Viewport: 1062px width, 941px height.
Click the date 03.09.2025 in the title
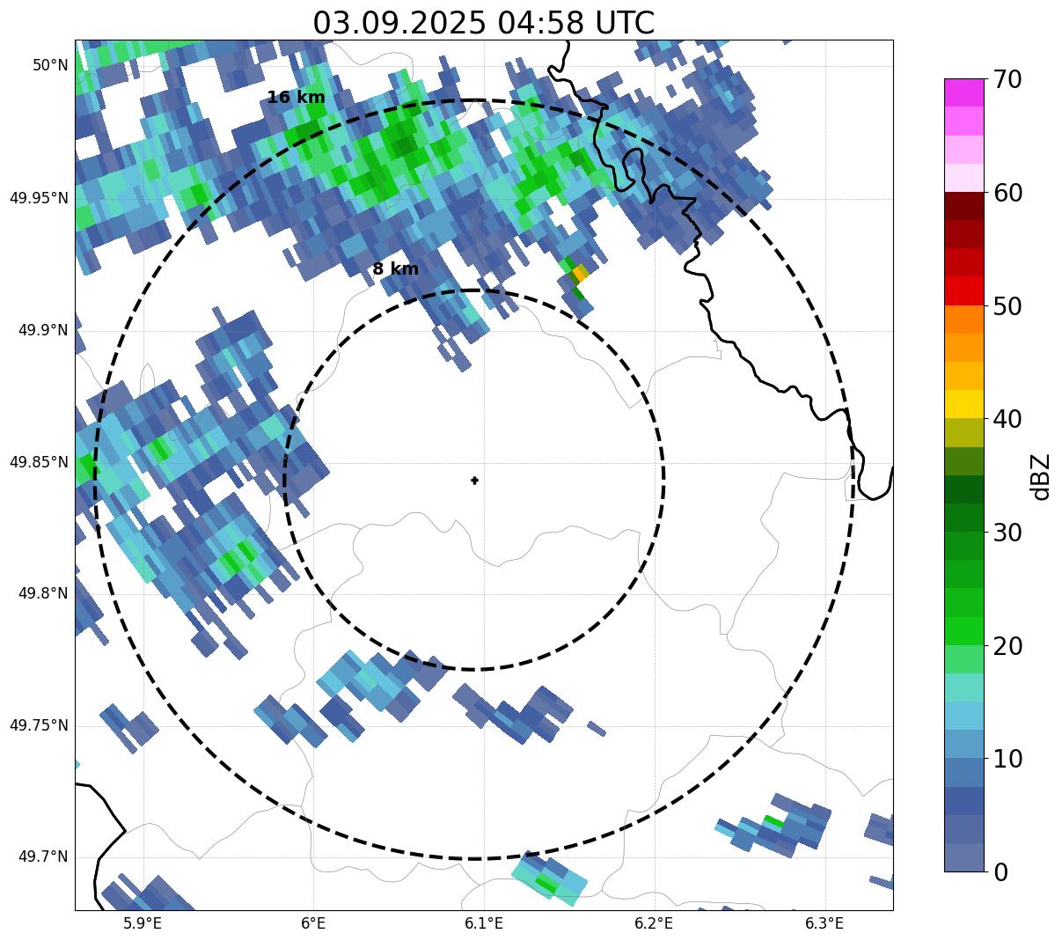click(x=399, y=23)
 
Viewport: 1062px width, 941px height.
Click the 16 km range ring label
click(x=296, y=98)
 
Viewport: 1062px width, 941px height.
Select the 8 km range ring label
click(x=395, y=269)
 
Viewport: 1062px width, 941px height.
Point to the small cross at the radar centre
click(x=475, y=480)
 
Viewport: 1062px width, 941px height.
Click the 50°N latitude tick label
click(x=50, y=66)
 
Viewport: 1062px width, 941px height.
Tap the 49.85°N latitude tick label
click(x=39, y=462)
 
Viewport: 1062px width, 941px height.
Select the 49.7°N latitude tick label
click(x=43, y=857)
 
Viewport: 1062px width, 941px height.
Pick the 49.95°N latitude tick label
click(x=39, y=198)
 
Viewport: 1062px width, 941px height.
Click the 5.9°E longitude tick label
click(x=143, y=923)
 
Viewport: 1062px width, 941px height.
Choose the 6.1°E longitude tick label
click(x=484, y=923)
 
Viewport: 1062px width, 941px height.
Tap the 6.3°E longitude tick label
click(x=824, y=923)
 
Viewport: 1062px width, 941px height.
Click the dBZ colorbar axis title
click(x=1041, y=476)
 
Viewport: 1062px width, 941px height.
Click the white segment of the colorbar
click(x=963, y=178)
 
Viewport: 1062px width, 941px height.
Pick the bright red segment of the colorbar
click(x=963, y=290)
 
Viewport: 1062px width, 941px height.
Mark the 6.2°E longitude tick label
click(x=654, y=923)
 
